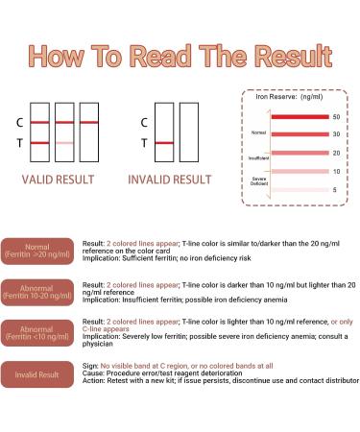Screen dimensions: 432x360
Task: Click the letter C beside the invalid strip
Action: [x=143, y=123]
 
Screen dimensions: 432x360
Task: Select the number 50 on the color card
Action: [x=336, y=116]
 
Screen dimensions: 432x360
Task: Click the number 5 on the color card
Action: [x=336, y=190]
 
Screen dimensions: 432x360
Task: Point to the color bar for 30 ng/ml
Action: [x=299, y=134]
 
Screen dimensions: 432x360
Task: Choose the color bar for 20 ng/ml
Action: [x=299, y=153]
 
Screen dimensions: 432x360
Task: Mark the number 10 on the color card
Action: [x=336, y=171]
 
